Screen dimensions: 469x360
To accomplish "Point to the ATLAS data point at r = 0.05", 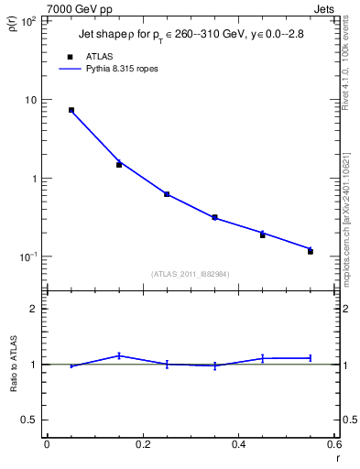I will point(71,110).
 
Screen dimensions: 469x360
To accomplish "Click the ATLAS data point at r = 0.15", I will point(119,165).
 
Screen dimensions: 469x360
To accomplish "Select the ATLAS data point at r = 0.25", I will point(167,194).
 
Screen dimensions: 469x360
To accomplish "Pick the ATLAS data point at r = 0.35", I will point(214,217).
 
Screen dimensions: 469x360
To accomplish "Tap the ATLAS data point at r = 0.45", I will point(262,234).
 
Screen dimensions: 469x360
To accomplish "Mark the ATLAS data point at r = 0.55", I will point(311,251).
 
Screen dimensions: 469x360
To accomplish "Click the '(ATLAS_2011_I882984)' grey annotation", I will point(190,273).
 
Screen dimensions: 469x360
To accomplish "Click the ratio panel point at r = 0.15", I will point(119,355).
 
